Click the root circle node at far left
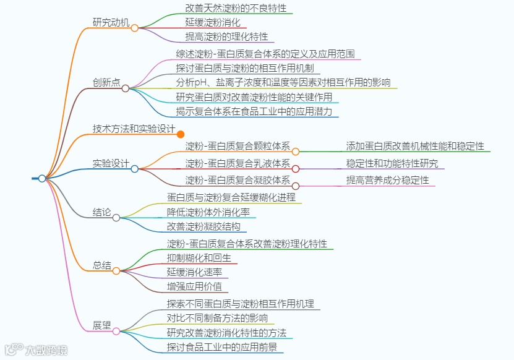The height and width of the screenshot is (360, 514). (42, 178)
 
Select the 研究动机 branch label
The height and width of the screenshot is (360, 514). (111, 23)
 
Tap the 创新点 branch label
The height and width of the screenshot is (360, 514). (106, 83)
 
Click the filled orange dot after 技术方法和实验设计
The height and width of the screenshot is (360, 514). (181, 134)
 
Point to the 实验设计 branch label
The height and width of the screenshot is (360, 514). (111, 164)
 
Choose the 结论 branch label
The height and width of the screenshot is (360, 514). (102, 212)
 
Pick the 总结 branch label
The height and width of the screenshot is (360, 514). (102, 266)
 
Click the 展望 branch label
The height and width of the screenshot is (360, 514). (102, 325)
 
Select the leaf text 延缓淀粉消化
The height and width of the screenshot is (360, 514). (213, 22)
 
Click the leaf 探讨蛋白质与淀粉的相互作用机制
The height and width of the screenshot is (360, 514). (244, 67)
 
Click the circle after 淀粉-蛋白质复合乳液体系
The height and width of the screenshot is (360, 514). (296, 168)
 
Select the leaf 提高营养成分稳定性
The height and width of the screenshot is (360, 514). (387, 181)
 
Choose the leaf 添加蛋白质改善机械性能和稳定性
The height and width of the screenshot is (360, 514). (419, 146)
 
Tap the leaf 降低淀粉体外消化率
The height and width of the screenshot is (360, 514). (208, 212)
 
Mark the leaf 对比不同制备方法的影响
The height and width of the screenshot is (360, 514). (217, 319)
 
